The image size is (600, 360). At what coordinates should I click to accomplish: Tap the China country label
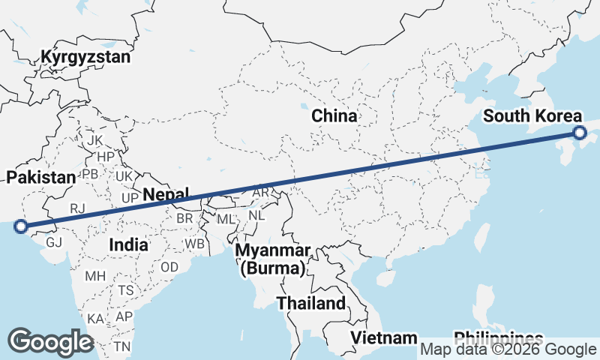tap(334, 116)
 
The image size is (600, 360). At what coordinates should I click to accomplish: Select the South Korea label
tap(532, 116)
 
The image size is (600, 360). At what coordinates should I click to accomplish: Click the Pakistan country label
tap(41, 178)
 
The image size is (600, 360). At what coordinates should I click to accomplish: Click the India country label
tap(128, 244)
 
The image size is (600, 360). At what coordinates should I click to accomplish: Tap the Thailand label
tap(311, 304)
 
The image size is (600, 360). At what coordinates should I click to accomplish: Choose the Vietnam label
tap(384, 337)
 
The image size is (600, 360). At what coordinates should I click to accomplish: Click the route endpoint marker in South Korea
tap(580, 133)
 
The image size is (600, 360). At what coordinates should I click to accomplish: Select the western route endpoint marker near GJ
tap(21, 226)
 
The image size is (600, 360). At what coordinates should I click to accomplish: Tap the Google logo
tap(50, 342)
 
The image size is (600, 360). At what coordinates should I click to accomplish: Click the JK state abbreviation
tap(94, 141)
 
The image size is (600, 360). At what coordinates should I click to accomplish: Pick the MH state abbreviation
tap(95, 276)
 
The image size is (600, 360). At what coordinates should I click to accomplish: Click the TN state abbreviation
tap(121, 346)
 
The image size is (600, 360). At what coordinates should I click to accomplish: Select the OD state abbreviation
tap(169, 267)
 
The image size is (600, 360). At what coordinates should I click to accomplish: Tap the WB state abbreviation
tap(195, 244)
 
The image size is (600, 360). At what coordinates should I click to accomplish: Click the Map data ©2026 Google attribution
tap(508, 349)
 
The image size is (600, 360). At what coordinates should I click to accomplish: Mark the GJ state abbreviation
tap(54, 243)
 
